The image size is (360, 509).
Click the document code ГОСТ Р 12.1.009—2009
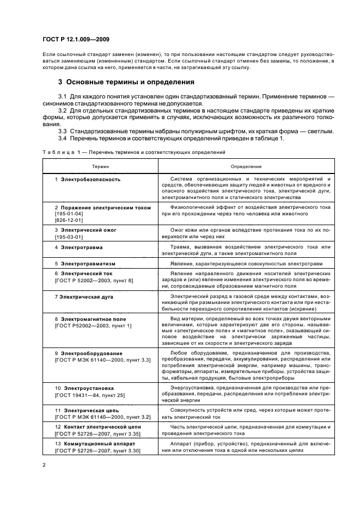point(78,39)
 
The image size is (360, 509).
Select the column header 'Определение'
point(246,166)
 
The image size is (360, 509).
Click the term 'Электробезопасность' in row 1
point(90,179)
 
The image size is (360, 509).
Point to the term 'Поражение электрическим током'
point(97,208)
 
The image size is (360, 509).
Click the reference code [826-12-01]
point(68,221)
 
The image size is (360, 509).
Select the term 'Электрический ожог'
point(88,230)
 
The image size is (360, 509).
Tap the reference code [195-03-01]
point(68,237)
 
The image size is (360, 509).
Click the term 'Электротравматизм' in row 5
point(88,263)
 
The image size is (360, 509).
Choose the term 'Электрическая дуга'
point(87,296)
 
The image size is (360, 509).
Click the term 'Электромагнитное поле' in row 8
point(93,319)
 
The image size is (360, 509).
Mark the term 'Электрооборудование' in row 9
point(91,353)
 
